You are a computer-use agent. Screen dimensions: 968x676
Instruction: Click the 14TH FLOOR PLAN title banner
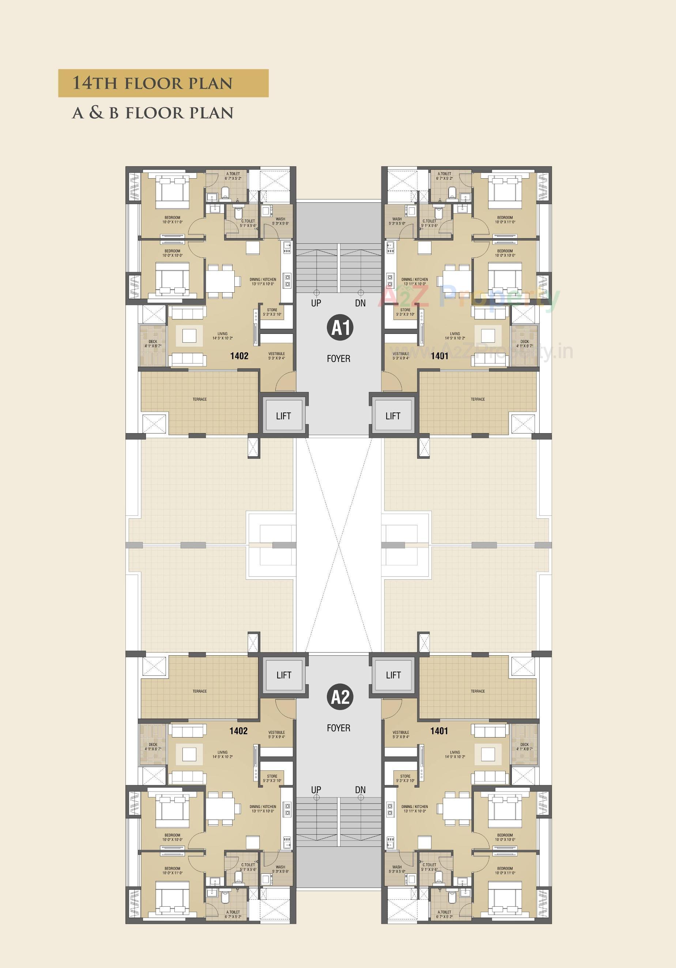point(163,83)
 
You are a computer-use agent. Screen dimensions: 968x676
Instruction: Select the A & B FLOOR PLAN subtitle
point(152,113)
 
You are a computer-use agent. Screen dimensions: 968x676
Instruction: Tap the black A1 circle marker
point(340,328)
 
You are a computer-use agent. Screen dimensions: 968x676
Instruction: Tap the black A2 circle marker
point(340,697)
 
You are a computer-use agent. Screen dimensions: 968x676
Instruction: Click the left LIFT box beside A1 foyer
point(283,416)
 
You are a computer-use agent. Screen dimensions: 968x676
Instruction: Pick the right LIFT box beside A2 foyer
point(393,675)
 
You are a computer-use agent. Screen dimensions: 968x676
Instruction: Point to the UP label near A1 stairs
point(316,303)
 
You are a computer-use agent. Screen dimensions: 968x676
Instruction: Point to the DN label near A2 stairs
point(360,790)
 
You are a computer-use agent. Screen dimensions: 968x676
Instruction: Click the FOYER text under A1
point(339,359)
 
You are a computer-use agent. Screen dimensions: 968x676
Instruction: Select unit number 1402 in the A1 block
point(239,356)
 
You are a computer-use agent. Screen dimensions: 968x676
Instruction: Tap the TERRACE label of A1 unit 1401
point(478,399)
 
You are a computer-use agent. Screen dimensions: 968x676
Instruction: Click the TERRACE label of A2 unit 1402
point(200,691)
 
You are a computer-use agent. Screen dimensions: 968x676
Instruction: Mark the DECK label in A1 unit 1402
point(153,342)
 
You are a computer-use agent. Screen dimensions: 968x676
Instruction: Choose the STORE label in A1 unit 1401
point(405,310)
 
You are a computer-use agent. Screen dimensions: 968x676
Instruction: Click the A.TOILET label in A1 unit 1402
point(233,174)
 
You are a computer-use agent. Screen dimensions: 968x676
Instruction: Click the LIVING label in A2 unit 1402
point(222,752)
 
